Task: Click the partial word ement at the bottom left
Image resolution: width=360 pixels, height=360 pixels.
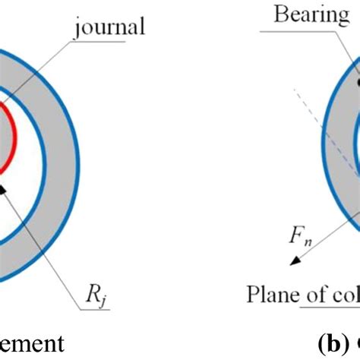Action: coord(30,343)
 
